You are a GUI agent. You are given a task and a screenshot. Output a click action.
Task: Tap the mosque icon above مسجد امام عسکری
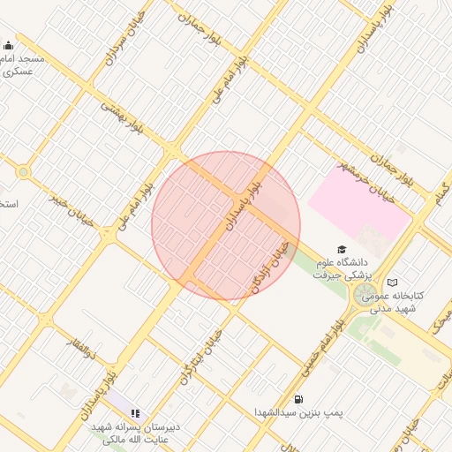click(x=9, y=46)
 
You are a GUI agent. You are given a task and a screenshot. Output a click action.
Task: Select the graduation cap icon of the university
click(x=342, y=250)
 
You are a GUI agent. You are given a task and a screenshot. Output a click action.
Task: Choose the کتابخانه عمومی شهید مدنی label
click(x=395, y=301)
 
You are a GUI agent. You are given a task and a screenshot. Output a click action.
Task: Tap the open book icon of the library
click(x=392, y=282)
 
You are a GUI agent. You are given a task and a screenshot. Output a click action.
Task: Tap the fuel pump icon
click(x=298, y=398)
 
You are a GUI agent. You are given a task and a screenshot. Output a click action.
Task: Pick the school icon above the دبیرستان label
click(x=135, y=412)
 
